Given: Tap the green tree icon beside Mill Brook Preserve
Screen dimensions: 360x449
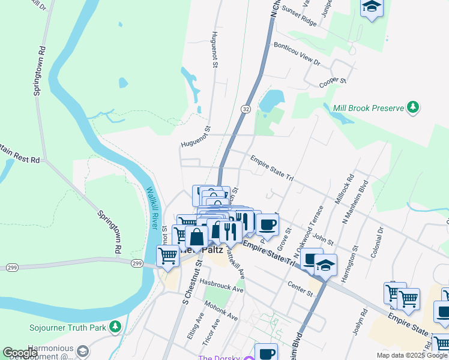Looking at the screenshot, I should click(x=412, y=108).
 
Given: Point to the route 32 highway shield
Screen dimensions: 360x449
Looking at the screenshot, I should click(x=246, y=109).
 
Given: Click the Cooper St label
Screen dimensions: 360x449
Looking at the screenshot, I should click(x=333, y=83).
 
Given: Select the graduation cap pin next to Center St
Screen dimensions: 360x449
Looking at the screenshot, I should click(x=325, y=265).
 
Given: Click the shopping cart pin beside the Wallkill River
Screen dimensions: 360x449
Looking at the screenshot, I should click(x=168, y=256).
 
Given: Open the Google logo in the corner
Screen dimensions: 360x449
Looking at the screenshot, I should click(x=20, y=353).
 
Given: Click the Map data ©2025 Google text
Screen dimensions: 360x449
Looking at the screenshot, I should click(x=411, y=355).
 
